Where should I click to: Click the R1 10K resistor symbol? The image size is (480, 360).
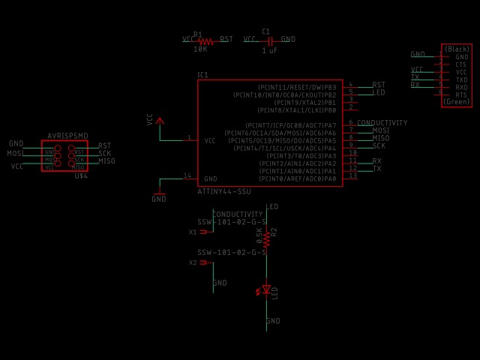point(206,40)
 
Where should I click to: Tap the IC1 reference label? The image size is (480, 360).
point(202,75)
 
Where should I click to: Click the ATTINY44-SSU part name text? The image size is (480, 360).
point(224,191)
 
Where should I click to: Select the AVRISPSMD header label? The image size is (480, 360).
point(67,136)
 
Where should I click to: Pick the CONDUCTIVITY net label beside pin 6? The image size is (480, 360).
point(382,123)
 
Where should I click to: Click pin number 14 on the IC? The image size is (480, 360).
point(187,175)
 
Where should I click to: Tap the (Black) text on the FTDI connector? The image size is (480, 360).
point(457,49)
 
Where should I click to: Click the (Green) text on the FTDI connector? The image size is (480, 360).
point(457,101)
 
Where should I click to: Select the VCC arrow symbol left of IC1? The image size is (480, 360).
point(159,120)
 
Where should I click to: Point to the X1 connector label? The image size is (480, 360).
point(193,232)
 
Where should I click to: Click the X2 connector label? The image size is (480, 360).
point(193,262)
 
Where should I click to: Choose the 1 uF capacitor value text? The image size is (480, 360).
point(269,50)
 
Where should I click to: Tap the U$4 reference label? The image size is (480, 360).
point(81,175)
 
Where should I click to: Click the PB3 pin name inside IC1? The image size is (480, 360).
point(330,88)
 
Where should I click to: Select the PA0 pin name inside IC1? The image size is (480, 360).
point(330,178)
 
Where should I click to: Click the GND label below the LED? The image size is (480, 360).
point(273,321)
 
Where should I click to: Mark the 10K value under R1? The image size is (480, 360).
point(200,49)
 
